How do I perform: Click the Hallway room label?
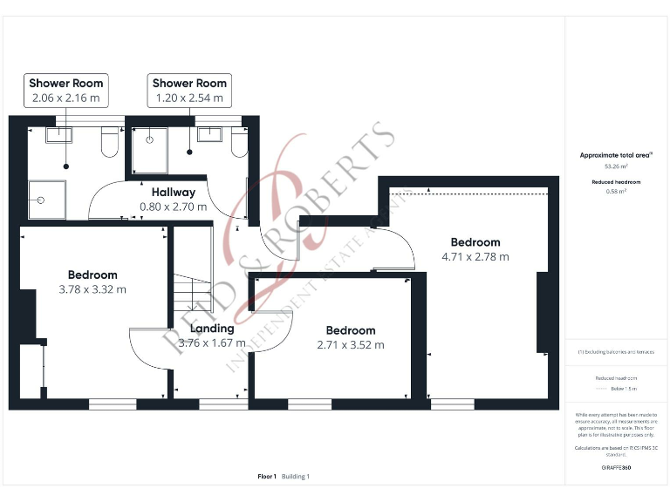pos(174,193)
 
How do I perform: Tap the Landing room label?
pos(212,329)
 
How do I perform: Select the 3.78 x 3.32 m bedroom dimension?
pos(92,289)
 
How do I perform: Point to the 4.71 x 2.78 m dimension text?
pos(475,256)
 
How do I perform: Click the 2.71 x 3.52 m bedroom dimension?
pos(351,344)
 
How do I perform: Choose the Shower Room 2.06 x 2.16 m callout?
pos(66,90)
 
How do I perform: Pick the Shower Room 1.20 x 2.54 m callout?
pos(189,90)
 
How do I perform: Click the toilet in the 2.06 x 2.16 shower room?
pos(109,143)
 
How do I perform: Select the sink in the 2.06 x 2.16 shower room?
pos(58,134)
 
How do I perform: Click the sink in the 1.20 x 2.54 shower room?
pos(209,133)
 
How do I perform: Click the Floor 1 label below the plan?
pos(267,477)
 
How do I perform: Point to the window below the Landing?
pos(211,404)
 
